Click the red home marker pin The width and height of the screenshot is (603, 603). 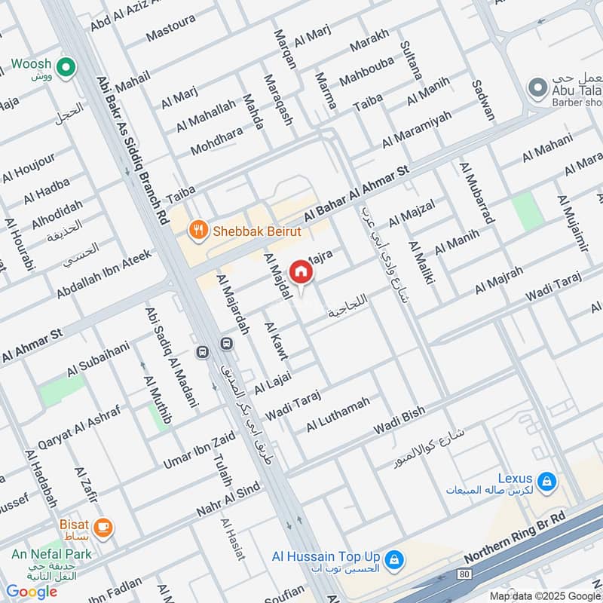[301, 272]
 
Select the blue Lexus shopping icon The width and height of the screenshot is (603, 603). [547, 480]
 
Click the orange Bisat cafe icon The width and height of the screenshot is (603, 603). [104, 528]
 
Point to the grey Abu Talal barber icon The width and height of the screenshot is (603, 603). [537, 90]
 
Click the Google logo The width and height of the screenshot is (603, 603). [32, 592]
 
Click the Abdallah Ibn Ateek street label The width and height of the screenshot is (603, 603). [103, 274]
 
